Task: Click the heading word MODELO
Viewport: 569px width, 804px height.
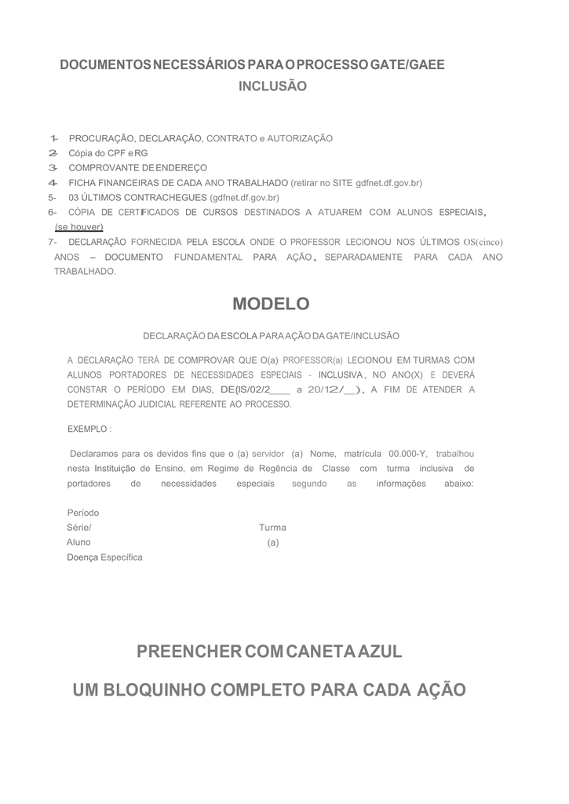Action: tap(272, 304)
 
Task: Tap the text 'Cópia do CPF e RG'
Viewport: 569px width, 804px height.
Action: tap(108, 153)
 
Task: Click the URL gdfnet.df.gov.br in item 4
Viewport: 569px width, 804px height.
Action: tap(388, 183)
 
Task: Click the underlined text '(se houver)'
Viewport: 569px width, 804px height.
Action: tap(78, 227)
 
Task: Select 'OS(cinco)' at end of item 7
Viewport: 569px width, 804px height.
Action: tap(483, 243)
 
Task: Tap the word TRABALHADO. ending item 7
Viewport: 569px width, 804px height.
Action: tap(85, 272)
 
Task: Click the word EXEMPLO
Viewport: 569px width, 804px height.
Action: tap(88, 429)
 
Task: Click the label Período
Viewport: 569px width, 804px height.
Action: tap(83, 513)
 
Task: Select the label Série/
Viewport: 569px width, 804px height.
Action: tap(79, 528)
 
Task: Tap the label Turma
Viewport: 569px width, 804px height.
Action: tap(272, 528)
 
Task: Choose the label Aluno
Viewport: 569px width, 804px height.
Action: tap(78, 543)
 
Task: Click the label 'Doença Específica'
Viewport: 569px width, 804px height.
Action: tap(105, 557)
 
